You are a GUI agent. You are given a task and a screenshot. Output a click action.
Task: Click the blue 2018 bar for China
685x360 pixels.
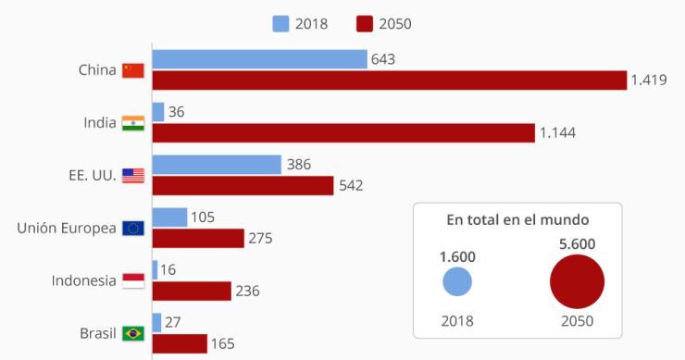pos(259,59)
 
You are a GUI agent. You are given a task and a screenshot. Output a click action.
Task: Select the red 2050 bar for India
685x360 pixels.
pos(343,133)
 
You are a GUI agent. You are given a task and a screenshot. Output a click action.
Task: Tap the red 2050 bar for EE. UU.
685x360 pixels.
pos(243,186)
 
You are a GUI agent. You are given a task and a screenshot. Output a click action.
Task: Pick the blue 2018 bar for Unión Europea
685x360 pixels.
pos(169,217)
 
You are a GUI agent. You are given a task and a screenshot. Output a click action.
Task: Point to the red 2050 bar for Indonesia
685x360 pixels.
pos(192,292)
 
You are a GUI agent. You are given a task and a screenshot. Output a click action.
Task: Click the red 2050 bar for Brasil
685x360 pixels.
pos(180,344)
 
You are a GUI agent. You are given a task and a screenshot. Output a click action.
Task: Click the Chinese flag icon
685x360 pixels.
pos(133,70)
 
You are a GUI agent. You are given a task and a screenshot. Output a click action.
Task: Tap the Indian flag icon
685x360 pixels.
pos(133,123)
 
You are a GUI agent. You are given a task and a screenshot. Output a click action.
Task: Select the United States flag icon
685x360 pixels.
pos(133,176)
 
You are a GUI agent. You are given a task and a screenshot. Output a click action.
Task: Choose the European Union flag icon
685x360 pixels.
pos(133,229)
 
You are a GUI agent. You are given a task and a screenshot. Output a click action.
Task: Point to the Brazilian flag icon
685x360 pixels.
pos(133,333)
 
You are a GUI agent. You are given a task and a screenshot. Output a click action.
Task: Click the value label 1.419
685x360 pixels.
pos(649,81)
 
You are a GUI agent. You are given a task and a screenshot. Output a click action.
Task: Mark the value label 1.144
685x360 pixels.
pos(558,133)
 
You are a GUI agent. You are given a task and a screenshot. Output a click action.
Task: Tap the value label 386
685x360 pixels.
pos(299,165)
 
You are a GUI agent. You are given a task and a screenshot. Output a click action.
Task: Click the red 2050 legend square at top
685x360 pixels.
pos(363,24)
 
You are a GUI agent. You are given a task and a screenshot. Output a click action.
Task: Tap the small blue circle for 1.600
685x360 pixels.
pos(457,282)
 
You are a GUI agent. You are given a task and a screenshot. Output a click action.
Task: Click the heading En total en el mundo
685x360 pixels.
pos(517,220)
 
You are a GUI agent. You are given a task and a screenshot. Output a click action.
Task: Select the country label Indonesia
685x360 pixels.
pos(83,281)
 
